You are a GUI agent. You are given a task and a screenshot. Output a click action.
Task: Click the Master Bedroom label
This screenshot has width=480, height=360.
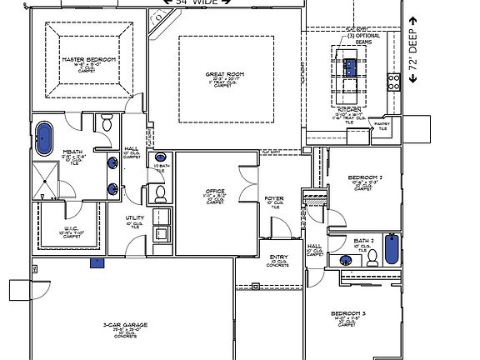pyautogui.click(x=87, y=61)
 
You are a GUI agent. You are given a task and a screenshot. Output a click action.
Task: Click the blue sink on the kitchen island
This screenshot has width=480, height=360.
pyautogui.click(x=351, y=66)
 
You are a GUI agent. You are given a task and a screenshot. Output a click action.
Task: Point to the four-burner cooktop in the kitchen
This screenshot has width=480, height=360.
pyautogui.click(x=392, y=81)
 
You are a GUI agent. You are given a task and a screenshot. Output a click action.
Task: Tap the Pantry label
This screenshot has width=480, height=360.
pyautogui.click(x=382, y=124)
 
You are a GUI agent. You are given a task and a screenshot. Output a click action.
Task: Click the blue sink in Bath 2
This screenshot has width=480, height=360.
pyautogui.click(x=345, y=261)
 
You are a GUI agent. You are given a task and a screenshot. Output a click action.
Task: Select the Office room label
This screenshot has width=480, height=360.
pyautogui.click(x=215, y=192)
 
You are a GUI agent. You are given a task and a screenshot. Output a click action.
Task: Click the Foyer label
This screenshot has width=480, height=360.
pyautogui.click(x=274, y=198)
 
